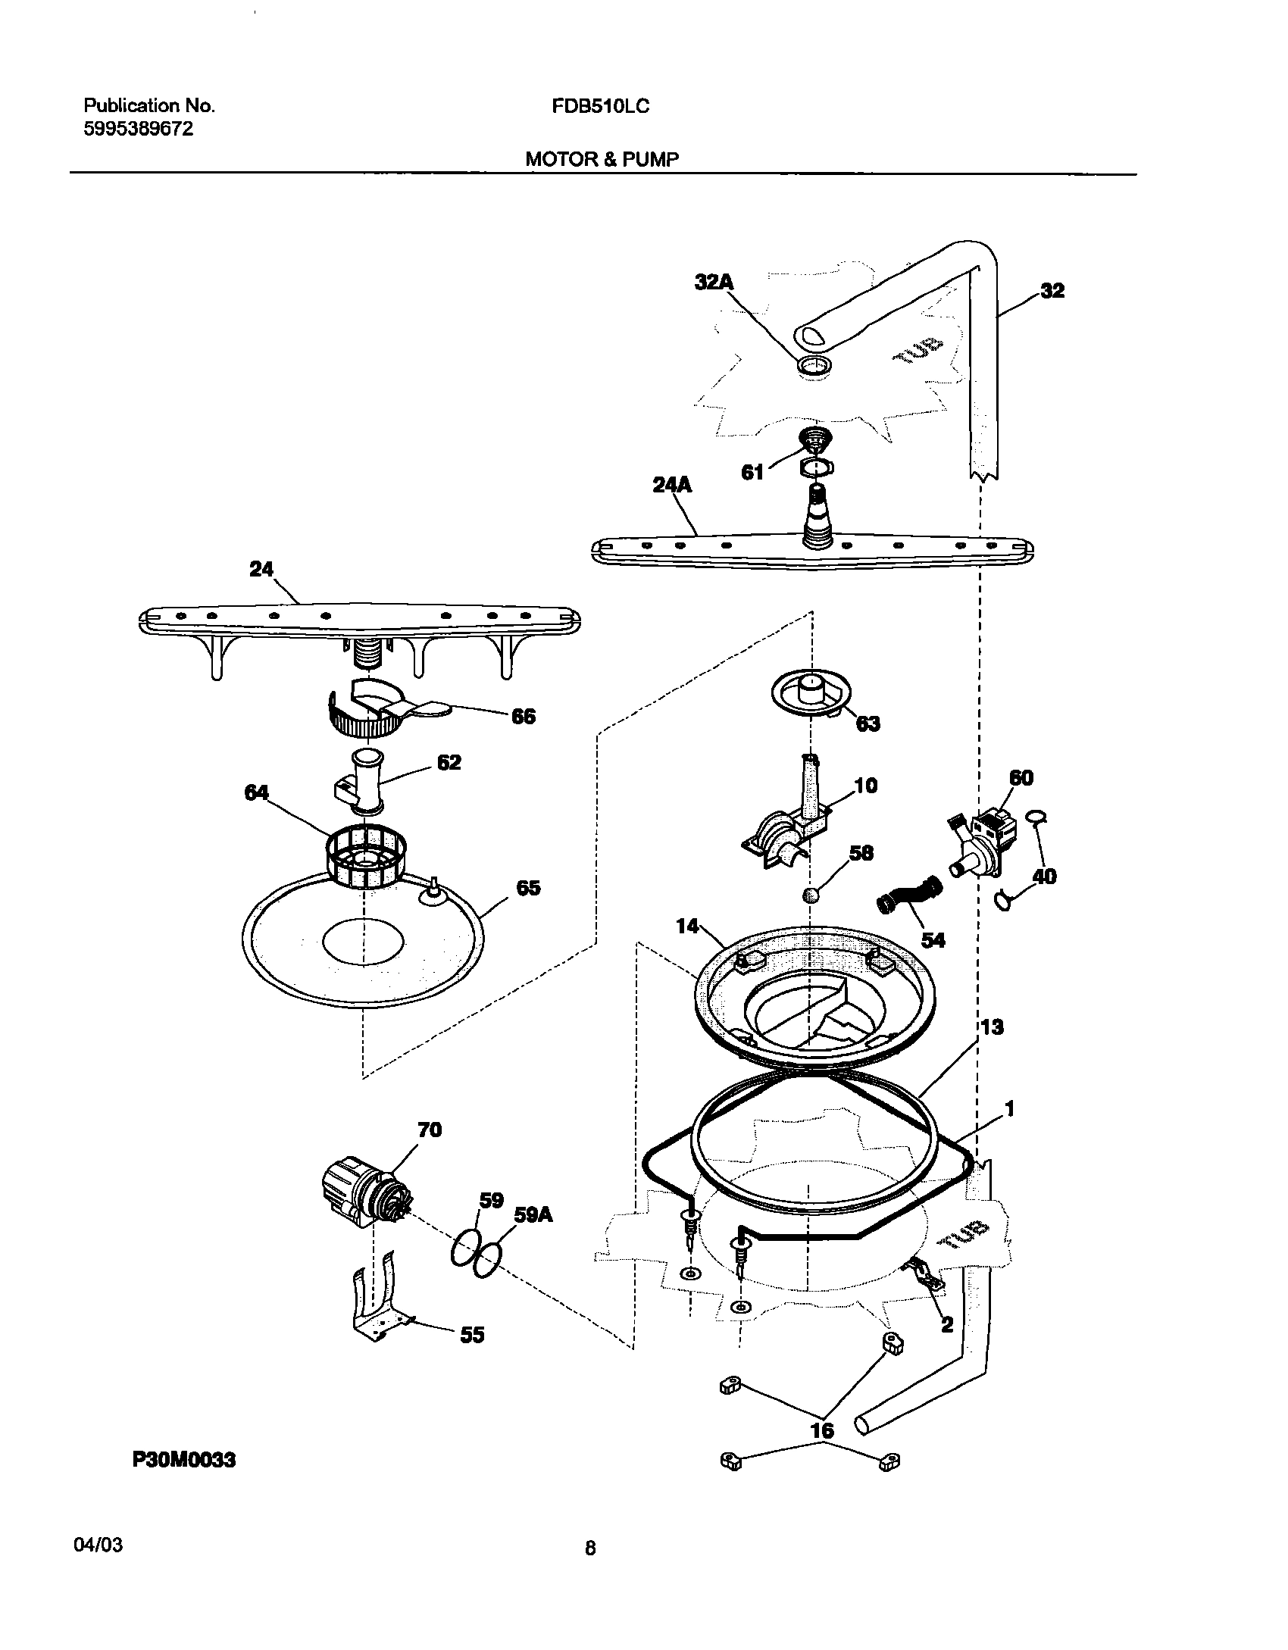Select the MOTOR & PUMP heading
pos(602,159)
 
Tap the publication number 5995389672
pos(138,129)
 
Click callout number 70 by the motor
pos(430,1130)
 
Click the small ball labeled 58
pos(811,895)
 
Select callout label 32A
pos(714,283)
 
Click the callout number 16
pos(822,1430)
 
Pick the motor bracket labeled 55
pos(377,1307)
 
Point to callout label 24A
pos(673,485)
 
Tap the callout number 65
pos(528,888)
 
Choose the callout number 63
pos(868,723)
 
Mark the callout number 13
pos(992,1027)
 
